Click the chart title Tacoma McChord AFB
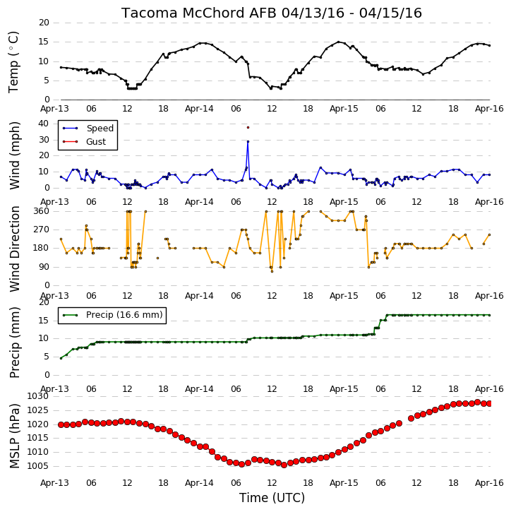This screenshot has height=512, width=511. point(199,13)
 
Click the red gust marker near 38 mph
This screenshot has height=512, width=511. point(248,127)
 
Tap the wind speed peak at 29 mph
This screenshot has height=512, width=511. point(248,141)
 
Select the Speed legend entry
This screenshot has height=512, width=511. point(88,129)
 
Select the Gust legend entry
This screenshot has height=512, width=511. point(84,142)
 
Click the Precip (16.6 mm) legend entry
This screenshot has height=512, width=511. point(113,315)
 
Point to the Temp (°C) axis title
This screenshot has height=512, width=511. point(13,62)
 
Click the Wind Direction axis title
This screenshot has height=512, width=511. point(15,249)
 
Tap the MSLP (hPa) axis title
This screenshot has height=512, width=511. point(15,436)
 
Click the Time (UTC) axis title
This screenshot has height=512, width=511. point(272,498)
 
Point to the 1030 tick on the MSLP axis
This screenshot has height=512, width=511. point(38,396)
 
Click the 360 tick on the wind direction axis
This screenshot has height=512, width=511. point(42,211)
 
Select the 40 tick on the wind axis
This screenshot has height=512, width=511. point(44,124)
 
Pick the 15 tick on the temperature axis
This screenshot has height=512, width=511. point(44,42)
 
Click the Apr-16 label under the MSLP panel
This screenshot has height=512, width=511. point(489,483)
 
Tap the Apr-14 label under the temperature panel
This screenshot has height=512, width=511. point(199,109)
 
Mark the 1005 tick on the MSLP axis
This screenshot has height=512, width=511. point(38,466)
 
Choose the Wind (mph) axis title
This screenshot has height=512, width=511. point(15,155)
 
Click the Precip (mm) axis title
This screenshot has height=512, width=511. point(15,343)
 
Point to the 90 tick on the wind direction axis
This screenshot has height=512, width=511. point(44,267)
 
